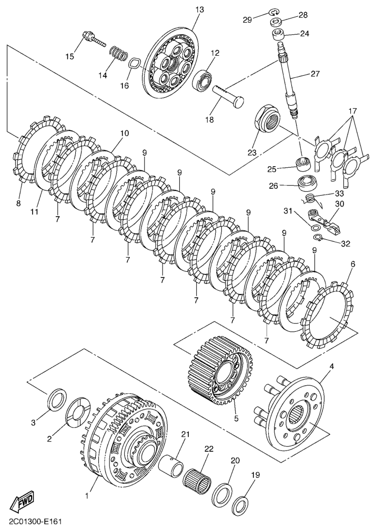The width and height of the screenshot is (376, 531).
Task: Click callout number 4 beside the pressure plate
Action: click(331, 366)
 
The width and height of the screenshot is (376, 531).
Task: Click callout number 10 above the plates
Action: click(124, 134)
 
